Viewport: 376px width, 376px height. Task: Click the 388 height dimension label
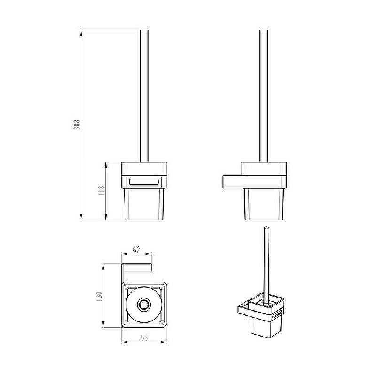[77, 125]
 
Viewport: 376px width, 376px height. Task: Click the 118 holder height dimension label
[102, 191]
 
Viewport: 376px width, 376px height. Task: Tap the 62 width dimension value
[136, 250]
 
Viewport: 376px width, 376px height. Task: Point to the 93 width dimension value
[144, 338]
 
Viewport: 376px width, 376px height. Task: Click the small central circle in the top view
[144, 305]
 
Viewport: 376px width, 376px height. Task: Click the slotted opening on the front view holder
[144, 181]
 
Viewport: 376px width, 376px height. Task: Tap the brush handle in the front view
[144, 96]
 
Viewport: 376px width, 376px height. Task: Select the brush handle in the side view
[264, 96]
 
